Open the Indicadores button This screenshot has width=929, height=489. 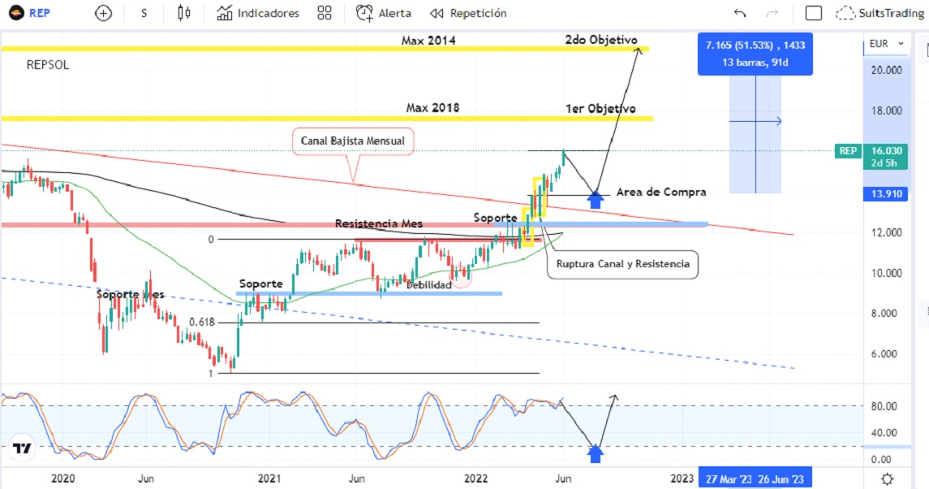pyautogui.click(x=258, y=13)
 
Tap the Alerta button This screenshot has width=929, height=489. pyautogui.click(x=384, y=13)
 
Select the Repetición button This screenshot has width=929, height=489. pyautogui.click(x=468, y=13)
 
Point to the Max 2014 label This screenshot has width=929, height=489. pyautogui.click(x=428, y=40)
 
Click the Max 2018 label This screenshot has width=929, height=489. pyautogui.click(x=432, y=107)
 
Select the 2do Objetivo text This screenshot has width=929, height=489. pyautogui.click(x=600, y=40)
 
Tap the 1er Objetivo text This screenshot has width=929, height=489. pyautogui.click(x=600, y=108)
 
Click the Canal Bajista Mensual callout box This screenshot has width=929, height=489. pyautogui.click(x=353, y=141)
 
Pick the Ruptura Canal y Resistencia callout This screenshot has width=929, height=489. pyautogui.click(x=622, y=264)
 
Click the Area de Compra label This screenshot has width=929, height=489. pyautogui.click(x=661, y=193)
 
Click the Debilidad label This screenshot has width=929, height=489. pyautogui.click(x=428, y=284)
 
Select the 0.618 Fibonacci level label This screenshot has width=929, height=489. pyautogui.click(x=201, y=322)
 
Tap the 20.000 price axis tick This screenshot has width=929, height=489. pyautogui.click(x=885, y=70)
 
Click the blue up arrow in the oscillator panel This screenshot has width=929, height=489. pyautogui.click(x=596, y=453)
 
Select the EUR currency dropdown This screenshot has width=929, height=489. pyautogui.click(x=883, y=44)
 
